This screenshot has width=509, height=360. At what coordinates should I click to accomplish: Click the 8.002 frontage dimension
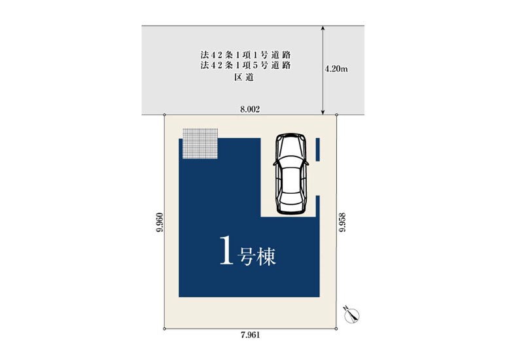click(250, 109)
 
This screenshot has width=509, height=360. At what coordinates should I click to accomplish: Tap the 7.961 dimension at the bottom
click(251, 335)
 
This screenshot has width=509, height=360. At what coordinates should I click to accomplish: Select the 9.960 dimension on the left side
click(159, 223)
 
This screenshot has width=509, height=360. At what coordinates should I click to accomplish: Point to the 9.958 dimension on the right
click(342, 223)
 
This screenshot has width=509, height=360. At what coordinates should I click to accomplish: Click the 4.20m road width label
click(336, 69)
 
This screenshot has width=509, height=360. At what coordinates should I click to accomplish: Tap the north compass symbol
click(352, 315)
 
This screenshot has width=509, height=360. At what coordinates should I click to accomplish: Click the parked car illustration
click(291, 174)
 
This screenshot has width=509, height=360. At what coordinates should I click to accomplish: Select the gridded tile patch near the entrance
click(200, 143)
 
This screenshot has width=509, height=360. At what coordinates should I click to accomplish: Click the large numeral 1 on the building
click(227, 251)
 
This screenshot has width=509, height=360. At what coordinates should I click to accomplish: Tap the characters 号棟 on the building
click(256, 257)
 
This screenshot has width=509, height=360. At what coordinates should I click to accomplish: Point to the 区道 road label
click(244, 77)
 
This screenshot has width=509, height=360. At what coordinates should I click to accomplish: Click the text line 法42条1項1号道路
click(245, 54)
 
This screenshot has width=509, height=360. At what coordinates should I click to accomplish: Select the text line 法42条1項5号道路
click(245, 65)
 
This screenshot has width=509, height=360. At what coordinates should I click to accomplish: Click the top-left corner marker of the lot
click(165, 115)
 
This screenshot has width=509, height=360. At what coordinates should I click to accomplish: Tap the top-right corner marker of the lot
click(336, 115)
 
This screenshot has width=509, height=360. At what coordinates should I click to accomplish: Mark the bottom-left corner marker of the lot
click(165, 329)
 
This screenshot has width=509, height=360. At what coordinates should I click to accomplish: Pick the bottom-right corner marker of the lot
click(336, 329)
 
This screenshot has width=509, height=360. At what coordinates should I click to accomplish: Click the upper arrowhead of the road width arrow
click(323, 27)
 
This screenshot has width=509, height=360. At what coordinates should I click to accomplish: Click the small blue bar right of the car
click(318, 149)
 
